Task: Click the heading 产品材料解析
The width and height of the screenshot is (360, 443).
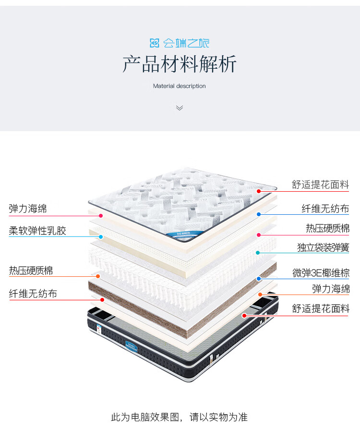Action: click(x=180, y=64)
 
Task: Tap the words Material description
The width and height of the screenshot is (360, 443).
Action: click(x=180, y=86)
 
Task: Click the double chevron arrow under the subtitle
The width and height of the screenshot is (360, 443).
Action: click(x=180, y=108)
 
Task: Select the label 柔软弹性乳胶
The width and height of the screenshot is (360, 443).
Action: click(x=37, y=231)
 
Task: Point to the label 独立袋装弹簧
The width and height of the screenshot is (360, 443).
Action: click(x=323, y=248)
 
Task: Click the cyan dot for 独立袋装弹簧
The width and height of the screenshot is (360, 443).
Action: click(x=258, y=252)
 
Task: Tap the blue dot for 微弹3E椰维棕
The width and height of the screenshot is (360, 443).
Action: click(x=259, y=278)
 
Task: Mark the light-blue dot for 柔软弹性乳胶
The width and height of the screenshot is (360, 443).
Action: click(x=101, y=237)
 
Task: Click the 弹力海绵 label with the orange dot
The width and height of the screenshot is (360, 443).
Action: click(x=331, y=289)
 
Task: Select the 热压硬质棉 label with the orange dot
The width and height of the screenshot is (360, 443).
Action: click(x=31, y=271)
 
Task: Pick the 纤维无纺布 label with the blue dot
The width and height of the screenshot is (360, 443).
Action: click(x=325, y=209)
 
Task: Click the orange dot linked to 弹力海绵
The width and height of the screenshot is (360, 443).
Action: click(x=260, y=294)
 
